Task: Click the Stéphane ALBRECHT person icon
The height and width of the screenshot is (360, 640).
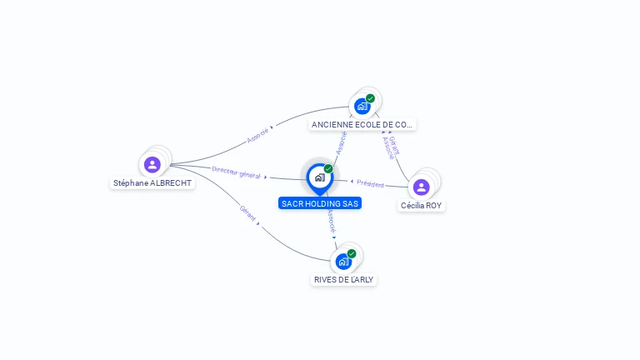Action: (x=152, y=164)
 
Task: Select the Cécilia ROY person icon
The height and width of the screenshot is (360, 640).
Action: (x=421, y=187)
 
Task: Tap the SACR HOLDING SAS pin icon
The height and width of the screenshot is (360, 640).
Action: (x=318, y=177)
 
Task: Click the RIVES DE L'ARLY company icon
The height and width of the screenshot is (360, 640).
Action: (x=342, y=262)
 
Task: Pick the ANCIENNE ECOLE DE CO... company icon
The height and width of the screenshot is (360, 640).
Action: (x=362, y=106)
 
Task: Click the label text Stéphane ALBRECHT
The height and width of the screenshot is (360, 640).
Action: (x=152, y=183)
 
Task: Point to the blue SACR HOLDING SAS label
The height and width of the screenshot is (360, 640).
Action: (x=321, y=203)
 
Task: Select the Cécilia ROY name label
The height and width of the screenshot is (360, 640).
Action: (x=422, y=206)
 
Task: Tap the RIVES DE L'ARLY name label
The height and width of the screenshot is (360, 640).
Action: (x=343, y=280)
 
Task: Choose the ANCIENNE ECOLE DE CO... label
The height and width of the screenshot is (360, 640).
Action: (x=362, y=125)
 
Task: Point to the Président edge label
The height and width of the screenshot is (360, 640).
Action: (x=370, y=183)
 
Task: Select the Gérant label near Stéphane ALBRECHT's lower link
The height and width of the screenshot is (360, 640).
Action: (x=247, y=212)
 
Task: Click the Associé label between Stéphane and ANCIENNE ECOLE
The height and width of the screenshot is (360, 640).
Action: (x=258, y=135)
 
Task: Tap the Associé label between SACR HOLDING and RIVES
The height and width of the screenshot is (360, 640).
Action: (x=332, y=221)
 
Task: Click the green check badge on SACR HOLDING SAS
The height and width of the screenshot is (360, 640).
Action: (x=328, y=168)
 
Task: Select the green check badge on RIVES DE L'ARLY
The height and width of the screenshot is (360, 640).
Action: (x=352, y=253)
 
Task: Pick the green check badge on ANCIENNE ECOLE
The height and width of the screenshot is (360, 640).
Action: (x=371, y=98)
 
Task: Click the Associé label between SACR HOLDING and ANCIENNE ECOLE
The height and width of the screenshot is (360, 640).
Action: (x=341, y=142)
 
